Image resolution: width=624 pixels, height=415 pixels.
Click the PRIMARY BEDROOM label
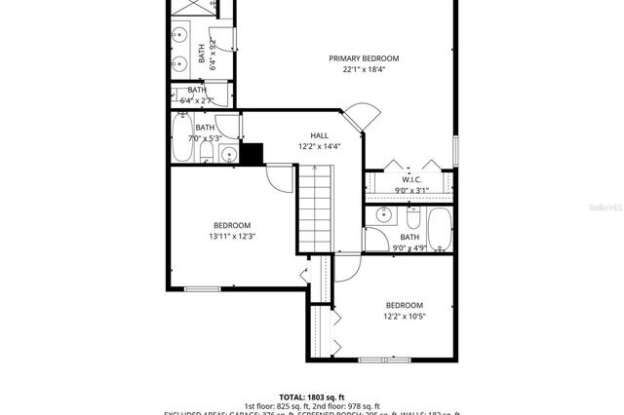click(364, 58)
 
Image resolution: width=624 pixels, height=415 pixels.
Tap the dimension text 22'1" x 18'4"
click(364, 70)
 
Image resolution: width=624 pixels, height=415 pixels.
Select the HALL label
click(319, 135)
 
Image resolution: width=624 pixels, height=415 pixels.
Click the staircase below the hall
click(314, 208)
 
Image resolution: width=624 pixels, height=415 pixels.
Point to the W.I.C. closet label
click(409, 178)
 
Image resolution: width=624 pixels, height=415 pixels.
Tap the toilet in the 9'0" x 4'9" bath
click(376, 240)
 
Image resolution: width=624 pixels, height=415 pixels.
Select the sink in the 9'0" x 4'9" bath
click(384, 214)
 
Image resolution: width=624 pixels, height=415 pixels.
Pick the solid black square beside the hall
click(253, 155)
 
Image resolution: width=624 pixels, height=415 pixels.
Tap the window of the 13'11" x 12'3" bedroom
click(202, 288)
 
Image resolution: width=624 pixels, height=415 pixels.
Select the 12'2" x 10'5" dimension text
click(404, 316)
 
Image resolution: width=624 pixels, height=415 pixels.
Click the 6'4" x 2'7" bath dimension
click(204, 99)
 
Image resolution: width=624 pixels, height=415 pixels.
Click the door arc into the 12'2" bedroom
click(347, 268)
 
